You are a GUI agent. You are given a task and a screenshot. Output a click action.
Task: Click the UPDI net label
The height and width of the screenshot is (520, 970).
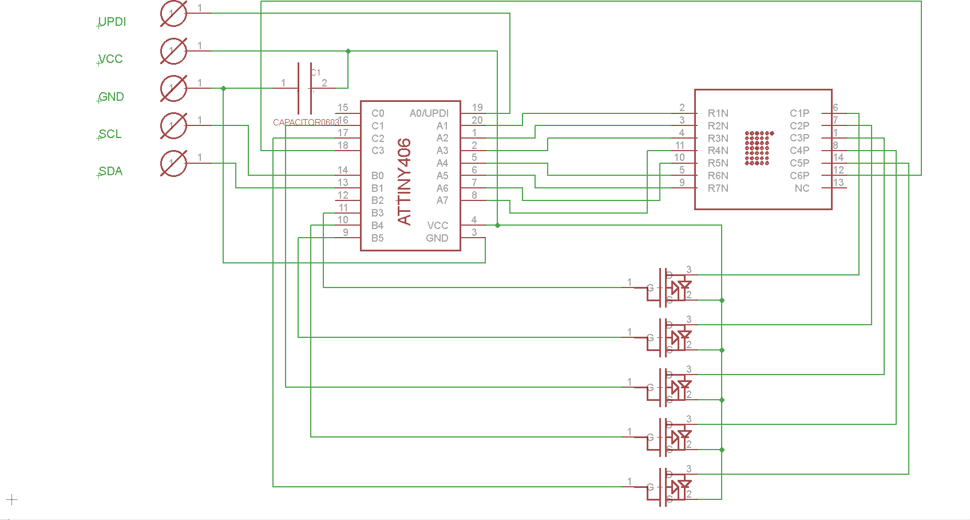[x=112, y=22]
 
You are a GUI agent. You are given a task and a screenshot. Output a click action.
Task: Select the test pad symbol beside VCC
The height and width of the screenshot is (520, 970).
[x=173, y=52]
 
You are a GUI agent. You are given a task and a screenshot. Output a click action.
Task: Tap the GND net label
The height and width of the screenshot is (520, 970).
[x=111, y=97]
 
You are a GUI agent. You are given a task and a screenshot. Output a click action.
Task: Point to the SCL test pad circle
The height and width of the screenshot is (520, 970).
[x=173, y=126]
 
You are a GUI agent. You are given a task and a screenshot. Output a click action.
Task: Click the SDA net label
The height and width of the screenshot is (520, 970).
[x=110, y=171]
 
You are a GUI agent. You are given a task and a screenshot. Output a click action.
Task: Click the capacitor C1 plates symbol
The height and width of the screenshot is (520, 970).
[x=304, y=89]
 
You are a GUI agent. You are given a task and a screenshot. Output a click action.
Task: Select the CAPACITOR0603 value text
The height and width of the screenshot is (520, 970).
[x=306, y=123]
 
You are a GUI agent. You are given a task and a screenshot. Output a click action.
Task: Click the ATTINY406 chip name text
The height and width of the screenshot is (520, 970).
[x=404, y=181]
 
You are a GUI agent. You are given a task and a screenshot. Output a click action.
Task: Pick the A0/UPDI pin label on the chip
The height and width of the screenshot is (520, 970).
[x=429, y=113]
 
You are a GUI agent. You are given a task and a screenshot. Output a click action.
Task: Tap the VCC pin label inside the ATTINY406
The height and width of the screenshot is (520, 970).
[x=437, y=226]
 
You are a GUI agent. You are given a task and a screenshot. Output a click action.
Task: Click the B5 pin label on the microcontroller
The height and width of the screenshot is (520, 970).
[x=378, y=238]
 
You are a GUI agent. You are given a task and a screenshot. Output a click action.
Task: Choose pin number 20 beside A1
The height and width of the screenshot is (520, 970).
[x=477, y=120]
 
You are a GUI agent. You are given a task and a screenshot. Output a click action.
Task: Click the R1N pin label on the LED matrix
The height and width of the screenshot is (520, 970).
[x=718, y=113]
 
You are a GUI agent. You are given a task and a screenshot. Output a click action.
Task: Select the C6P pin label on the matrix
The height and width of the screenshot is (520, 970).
[x=799, y=176]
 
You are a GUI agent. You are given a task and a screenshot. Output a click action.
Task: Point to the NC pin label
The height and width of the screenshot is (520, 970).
[x=802, y=188]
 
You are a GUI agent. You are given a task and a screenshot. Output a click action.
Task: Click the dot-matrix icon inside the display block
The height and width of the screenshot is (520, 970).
[x=758, y=148]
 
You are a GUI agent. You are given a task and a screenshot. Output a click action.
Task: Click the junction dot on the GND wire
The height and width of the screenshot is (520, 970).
[x=223, y=88]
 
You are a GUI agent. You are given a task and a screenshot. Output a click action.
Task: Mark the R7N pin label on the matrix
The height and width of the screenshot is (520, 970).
[x=718, y=188]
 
